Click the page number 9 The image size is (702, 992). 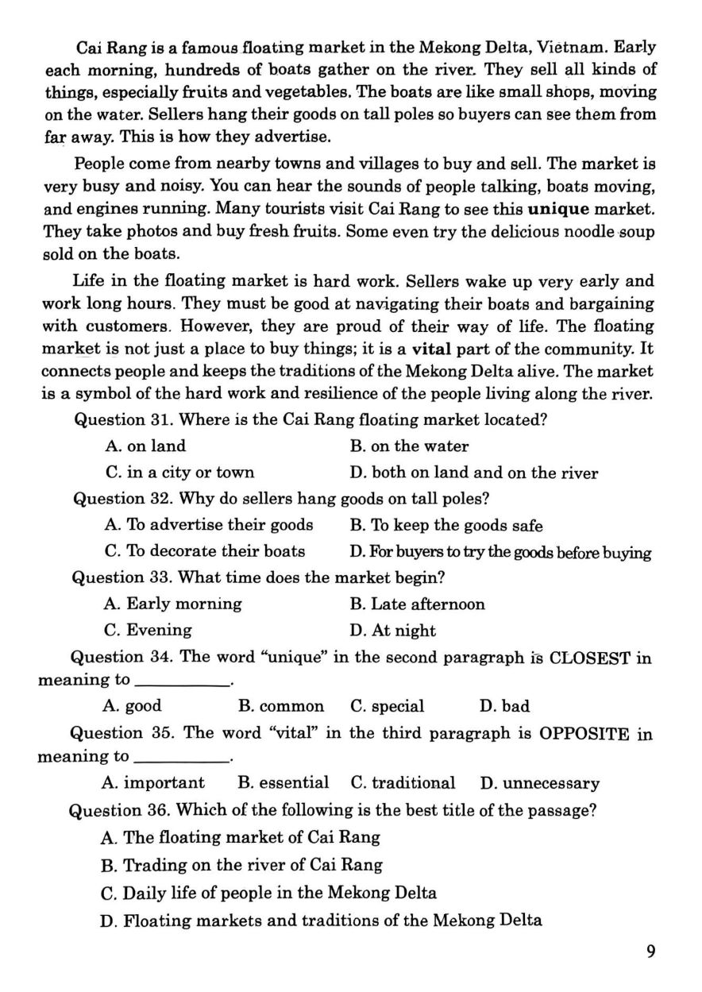650,951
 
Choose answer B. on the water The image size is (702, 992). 409,446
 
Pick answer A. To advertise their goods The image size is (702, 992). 209,525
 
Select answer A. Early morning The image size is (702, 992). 173,604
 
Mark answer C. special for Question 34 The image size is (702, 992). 387,706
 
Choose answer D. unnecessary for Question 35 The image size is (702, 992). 539,783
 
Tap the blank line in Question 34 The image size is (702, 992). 182,683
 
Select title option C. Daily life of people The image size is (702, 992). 269,893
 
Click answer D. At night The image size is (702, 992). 392,631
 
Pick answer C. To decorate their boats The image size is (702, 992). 205,551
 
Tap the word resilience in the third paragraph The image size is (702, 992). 425,393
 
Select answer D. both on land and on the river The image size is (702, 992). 473,473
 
